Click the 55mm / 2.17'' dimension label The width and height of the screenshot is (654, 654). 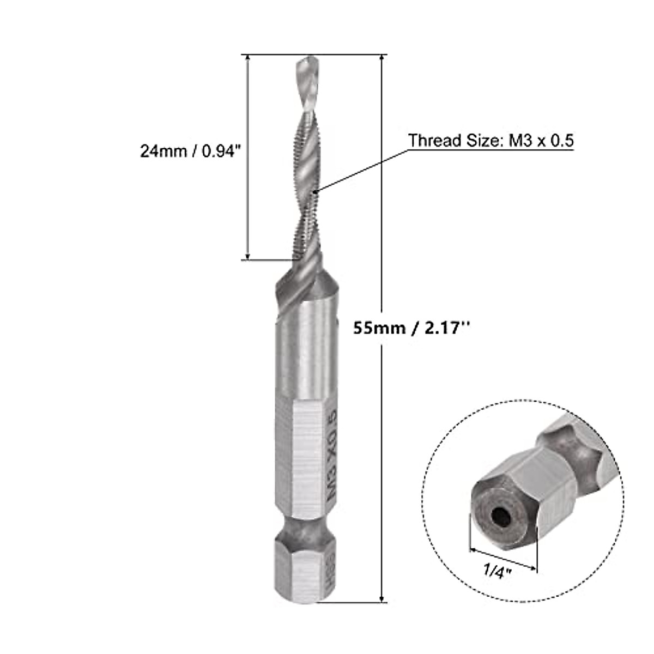(411, 329)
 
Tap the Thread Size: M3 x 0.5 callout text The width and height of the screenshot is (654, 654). (491, 141)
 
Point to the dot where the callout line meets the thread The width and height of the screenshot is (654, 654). (316, 191)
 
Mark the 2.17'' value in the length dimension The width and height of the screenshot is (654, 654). (444, 329)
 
